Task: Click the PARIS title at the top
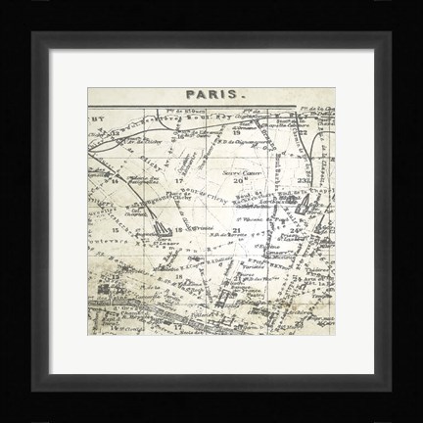[211, 95]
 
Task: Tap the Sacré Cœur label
[237, 174]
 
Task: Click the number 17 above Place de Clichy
[179, 181]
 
